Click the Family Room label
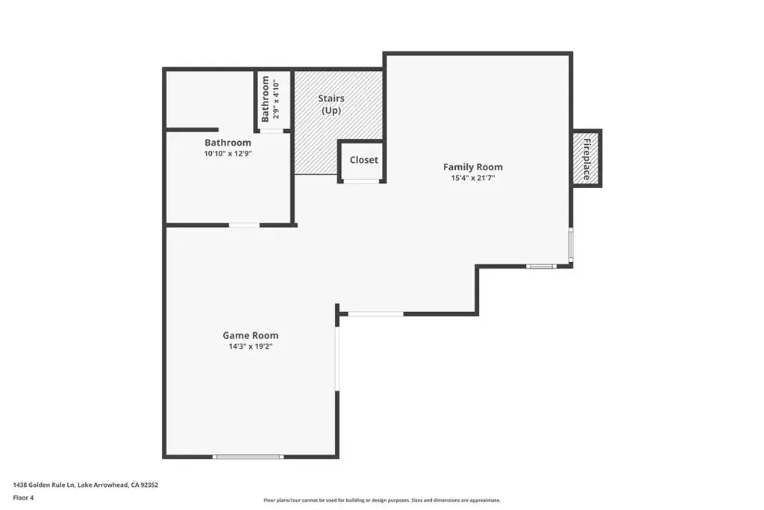pos(472,167)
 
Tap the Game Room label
pos(251,335)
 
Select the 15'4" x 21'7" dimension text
pos(472,178)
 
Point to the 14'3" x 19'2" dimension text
pos(251,346)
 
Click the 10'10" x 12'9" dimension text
pos(228,154)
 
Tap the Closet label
pos(364,160)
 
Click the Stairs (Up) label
pos(331,105)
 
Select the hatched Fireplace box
pos(587,158)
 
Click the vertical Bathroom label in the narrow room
pos(265,99)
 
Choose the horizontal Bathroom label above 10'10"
pos(228,143)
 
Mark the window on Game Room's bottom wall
pos(248,457)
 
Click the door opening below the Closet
pos(361,181)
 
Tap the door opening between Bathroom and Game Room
pos(244,225)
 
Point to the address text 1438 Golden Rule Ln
pos(44,485)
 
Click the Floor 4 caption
pos(23,498)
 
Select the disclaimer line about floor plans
pos(382,500)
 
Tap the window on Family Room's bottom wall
pos(541,267)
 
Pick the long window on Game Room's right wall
pos(337,358)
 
